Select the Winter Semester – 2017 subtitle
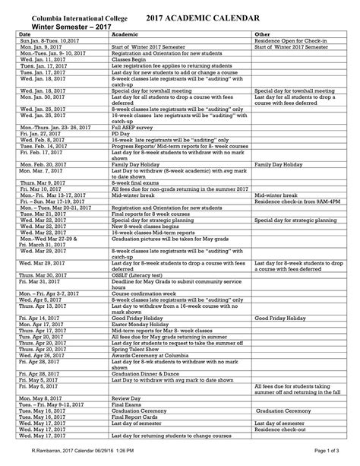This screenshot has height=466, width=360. [62, 27]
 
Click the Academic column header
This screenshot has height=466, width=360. [125, 35]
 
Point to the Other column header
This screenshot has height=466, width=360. [262, 35]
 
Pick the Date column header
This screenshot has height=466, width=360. [25, 35]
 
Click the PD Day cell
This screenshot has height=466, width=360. [122, 132]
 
